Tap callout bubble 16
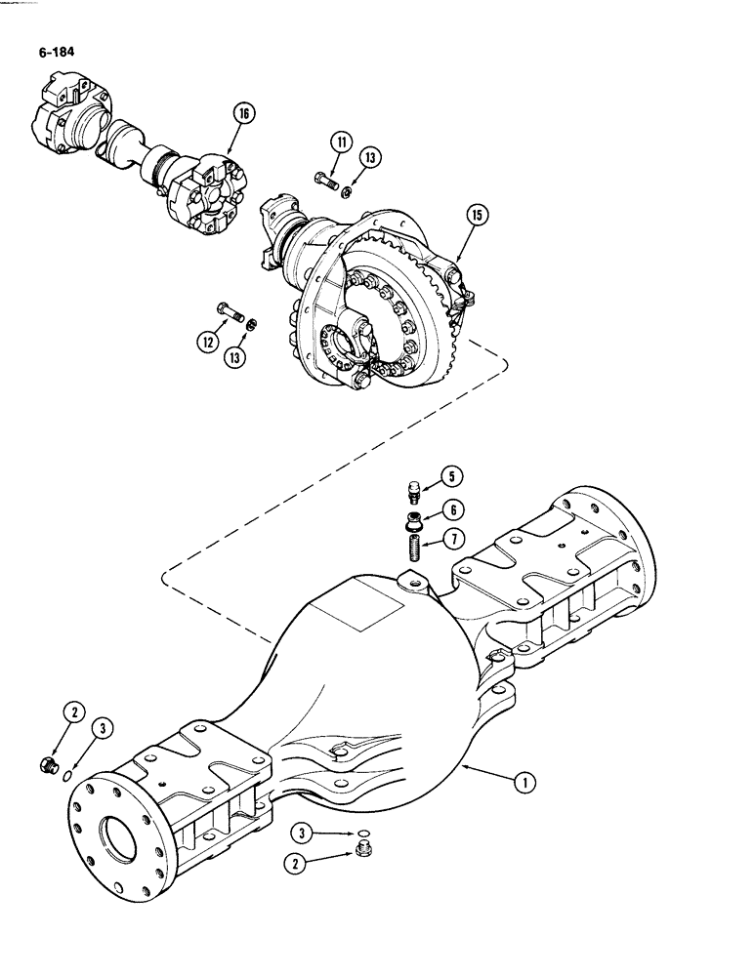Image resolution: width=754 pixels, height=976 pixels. pos(242,115)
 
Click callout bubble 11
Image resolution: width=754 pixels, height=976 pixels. pos(339,142)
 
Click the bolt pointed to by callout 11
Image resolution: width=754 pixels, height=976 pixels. pos(324,179)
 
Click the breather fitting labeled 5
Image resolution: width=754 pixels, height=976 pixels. pos(414,488)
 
